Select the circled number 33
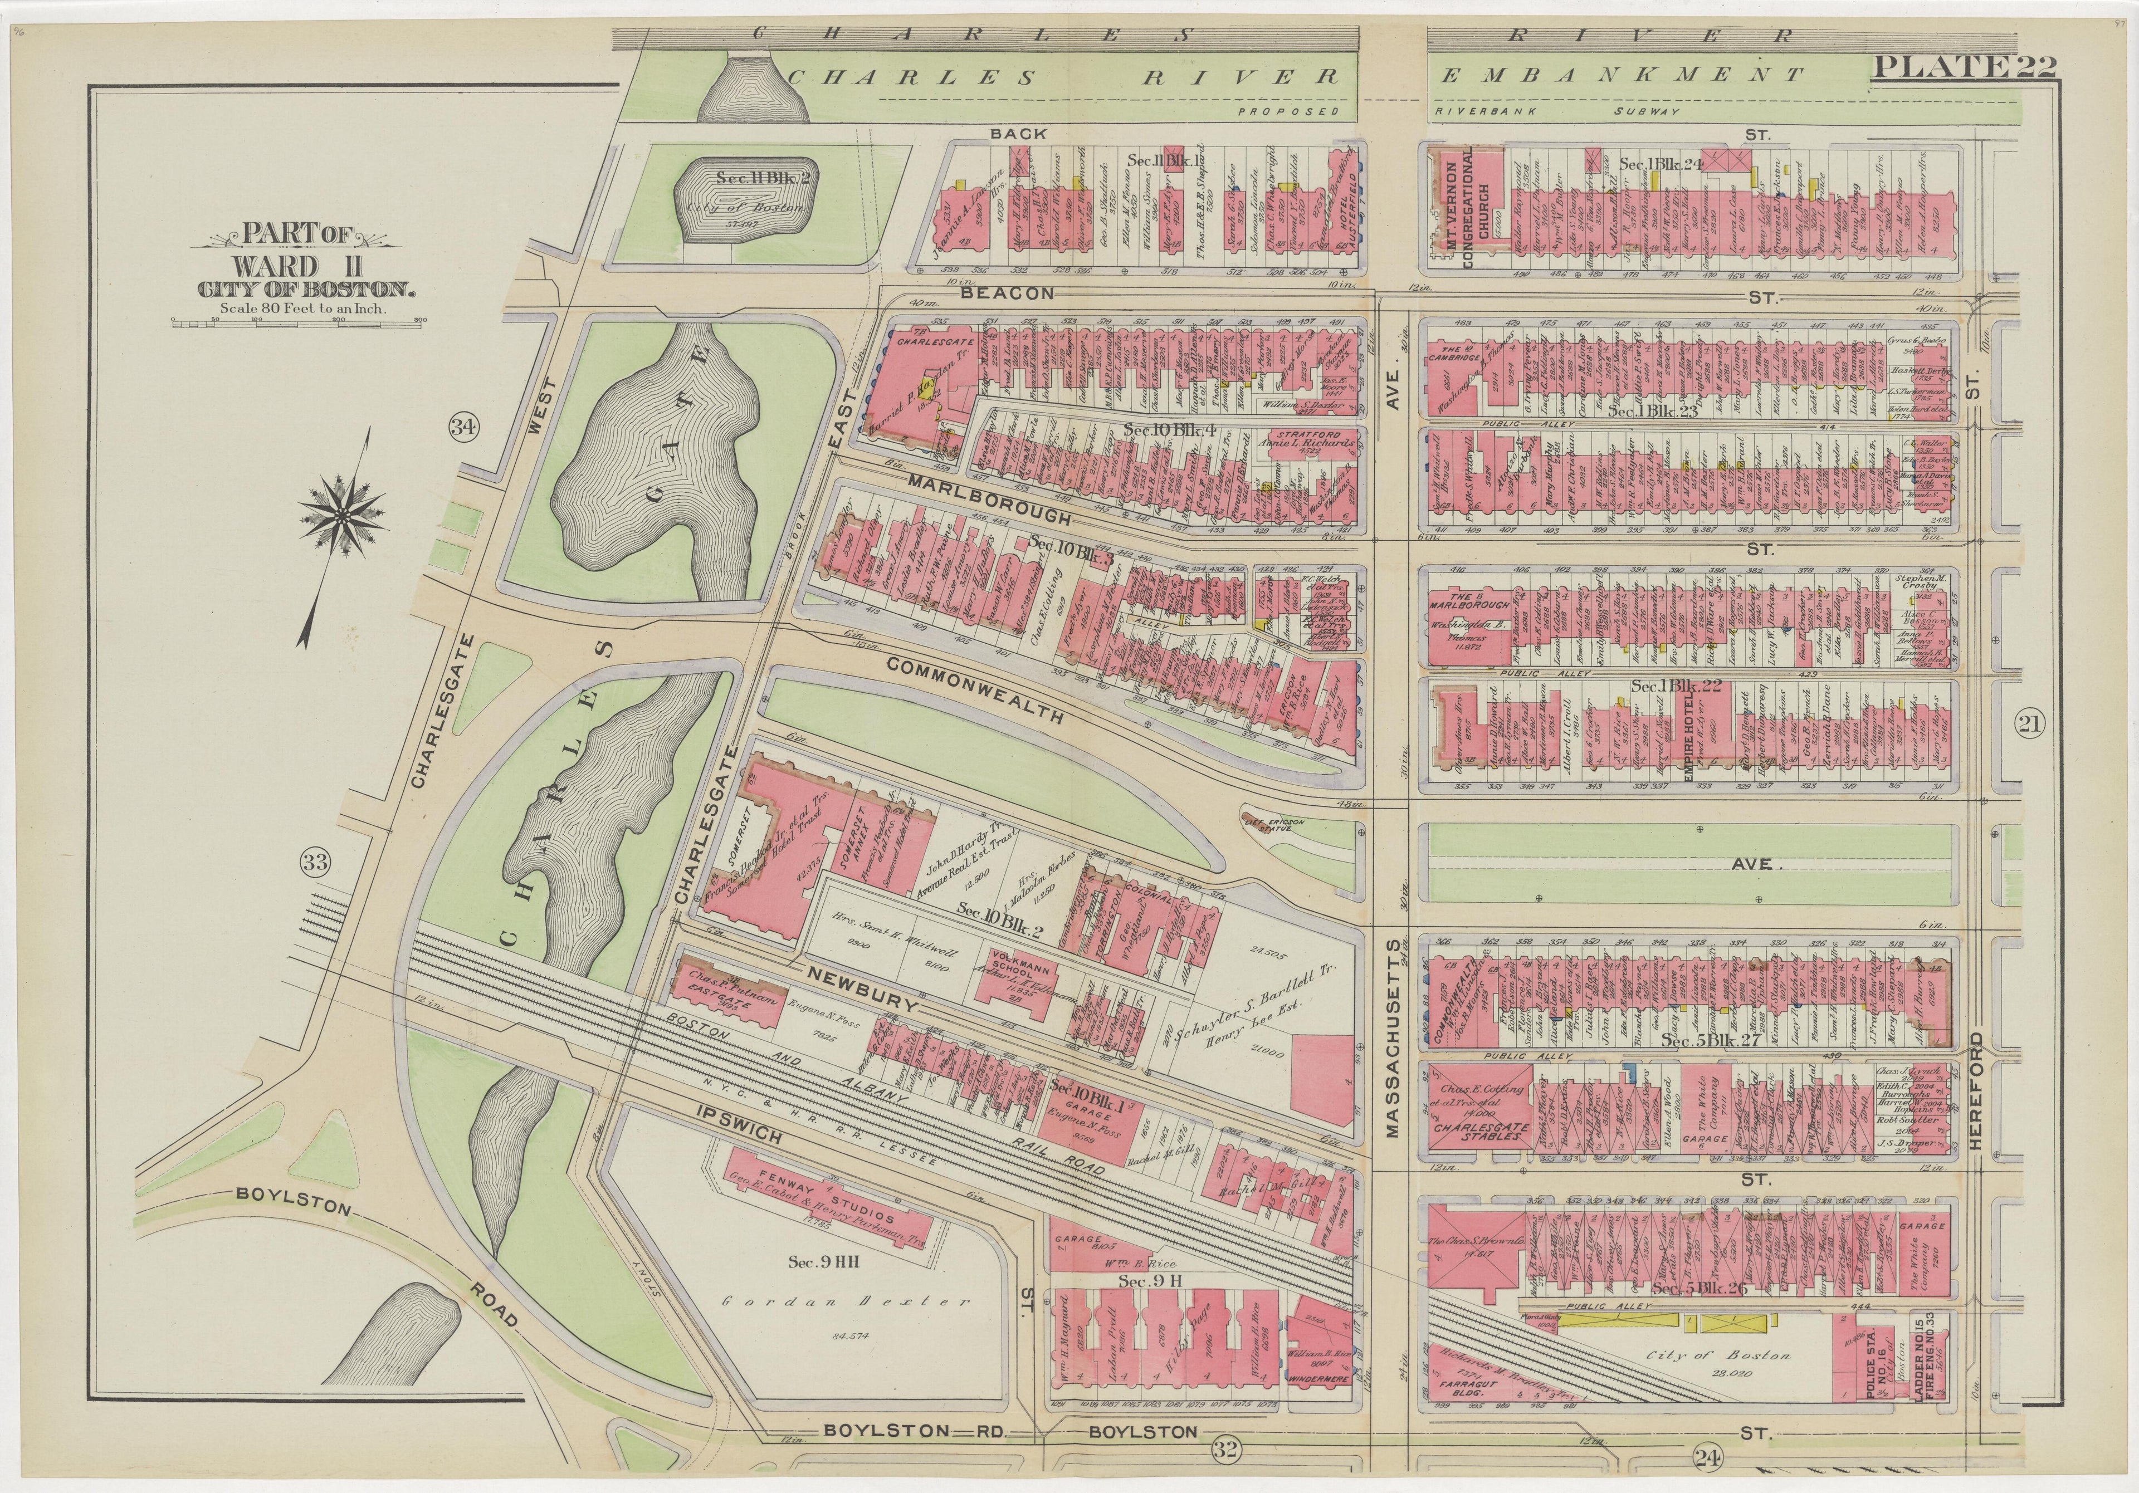(315, 863)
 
